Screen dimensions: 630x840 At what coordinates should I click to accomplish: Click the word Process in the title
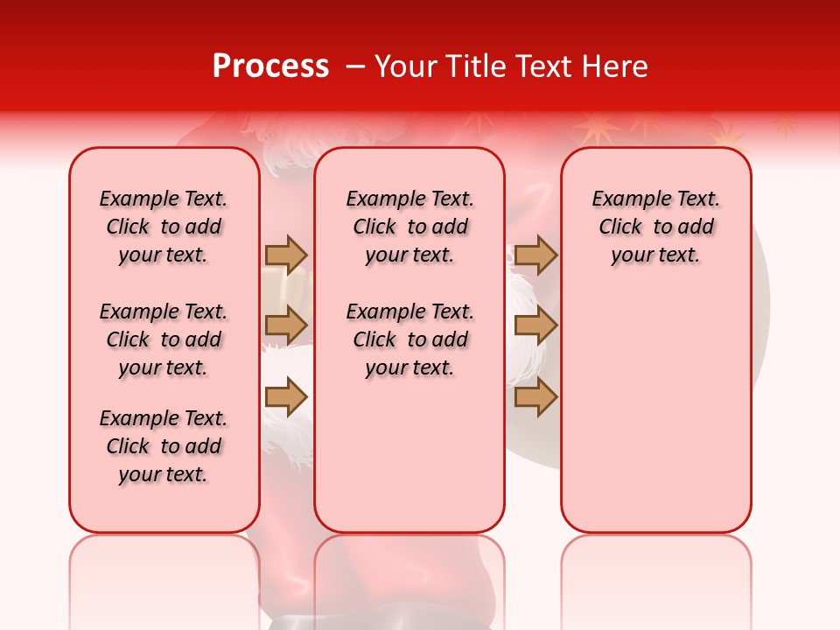click(270, 66)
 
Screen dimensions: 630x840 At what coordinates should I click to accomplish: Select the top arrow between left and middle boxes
click(286, 255)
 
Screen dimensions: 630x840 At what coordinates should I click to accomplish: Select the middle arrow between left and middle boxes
click(286, 325)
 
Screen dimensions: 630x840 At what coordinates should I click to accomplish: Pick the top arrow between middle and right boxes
click(535, 255)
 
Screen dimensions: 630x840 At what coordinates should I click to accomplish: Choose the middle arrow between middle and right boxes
click(535, 325)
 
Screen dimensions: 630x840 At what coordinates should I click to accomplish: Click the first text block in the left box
click(164, 227)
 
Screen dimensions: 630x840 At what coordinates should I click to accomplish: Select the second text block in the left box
click(164, 339)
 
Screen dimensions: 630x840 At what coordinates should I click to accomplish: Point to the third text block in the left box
click(164, 446)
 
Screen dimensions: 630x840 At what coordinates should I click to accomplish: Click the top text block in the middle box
click(409, 227)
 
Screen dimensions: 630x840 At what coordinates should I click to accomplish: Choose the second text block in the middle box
click(409, 339)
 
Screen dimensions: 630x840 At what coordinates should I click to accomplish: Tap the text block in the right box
click(655, 227)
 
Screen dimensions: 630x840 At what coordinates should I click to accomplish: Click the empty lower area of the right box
click(655, 411)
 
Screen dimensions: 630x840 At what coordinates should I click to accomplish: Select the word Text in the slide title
click(544, 66)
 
